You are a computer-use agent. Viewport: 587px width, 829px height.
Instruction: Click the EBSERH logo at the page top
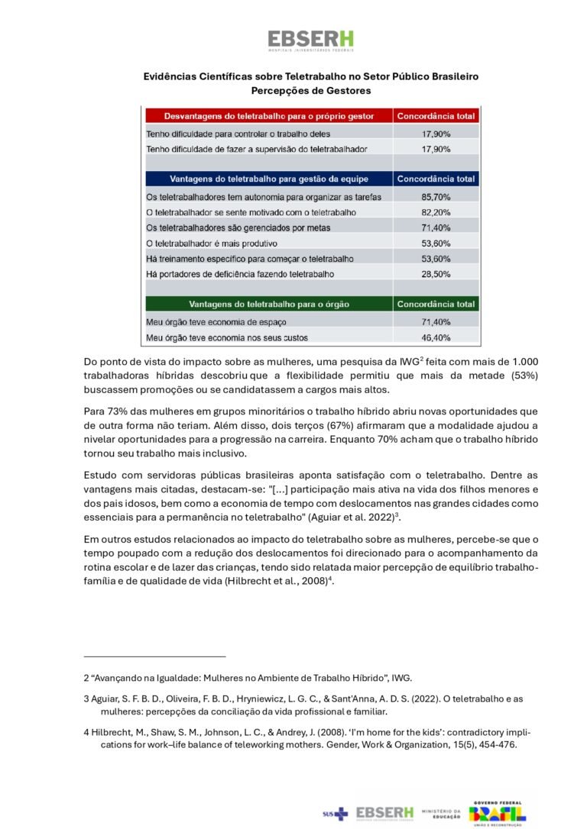[310, 40]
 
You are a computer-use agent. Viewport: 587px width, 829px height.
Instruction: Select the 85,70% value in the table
[436, 196]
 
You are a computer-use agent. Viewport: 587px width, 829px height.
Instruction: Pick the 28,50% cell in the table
[436, 273]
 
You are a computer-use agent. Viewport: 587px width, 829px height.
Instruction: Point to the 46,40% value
[436, 337]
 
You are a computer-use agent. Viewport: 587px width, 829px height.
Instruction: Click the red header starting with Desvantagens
[269, 116]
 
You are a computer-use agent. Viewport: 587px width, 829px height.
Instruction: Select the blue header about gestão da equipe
[269, 179]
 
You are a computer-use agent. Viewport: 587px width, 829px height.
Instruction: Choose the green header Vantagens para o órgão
[269, 304]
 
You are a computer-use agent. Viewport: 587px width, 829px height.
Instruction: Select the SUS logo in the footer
[335, 814]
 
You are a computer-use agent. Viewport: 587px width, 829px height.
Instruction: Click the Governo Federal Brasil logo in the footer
[498, 814]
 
